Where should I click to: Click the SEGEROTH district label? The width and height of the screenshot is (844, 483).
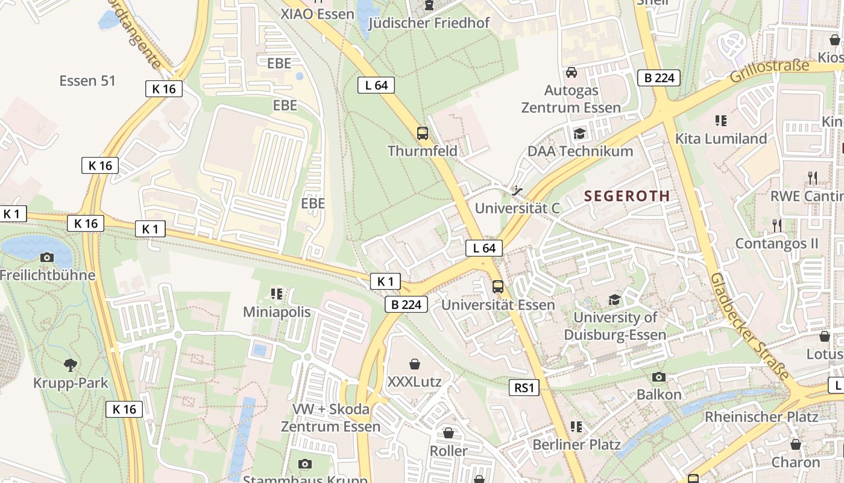pos(627,196)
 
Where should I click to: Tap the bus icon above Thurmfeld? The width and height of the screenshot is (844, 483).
pos(423,133)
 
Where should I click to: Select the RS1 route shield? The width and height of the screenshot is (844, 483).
pos(524,388)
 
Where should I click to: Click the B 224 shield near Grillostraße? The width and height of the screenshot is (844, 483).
pos(659,77)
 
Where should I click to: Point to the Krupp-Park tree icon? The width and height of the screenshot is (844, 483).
pos(71,365)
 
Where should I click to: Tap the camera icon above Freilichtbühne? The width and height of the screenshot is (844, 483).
pos(47,257)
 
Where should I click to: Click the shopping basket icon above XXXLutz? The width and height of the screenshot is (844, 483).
pos(414,364)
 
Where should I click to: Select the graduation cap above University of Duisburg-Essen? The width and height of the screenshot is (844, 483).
pos(614,299)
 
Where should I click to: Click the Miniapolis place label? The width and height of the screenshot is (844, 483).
pos(277,312)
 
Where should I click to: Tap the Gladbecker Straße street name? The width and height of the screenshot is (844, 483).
pos(749,326)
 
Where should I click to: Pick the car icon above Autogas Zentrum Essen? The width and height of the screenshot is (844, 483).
pos(571,72)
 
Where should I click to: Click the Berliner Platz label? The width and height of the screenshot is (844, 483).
pos(576,445)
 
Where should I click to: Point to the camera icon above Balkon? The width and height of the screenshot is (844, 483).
pos(659,377)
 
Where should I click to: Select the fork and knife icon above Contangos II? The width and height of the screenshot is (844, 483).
pos(776,226)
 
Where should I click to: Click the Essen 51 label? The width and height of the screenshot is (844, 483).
pos(87,81)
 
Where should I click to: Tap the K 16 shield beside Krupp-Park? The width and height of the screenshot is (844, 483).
pos(125,409)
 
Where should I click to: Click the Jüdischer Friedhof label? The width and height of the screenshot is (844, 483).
pos(429,23)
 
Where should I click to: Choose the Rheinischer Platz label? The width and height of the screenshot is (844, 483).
pos(761,417)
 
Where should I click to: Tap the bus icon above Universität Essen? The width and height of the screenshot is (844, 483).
pos(498,287)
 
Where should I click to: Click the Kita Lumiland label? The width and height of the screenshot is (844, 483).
pos(721,139)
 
